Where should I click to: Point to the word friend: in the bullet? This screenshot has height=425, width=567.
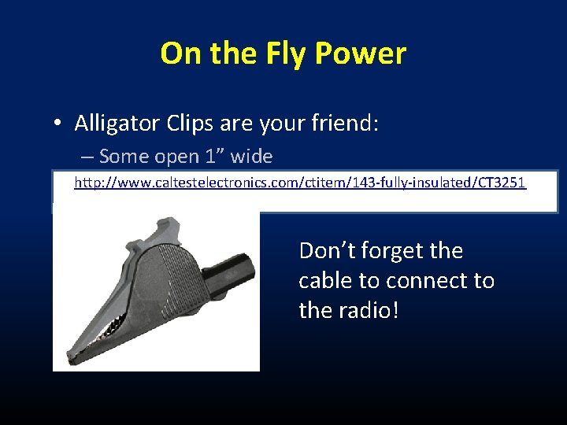pyautogui.click(x=343, y=123)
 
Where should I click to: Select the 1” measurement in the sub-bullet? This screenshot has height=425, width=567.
pyautogui.click(x=213, y=157)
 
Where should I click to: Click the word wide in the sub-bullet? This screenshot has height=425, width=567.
pyautogui.click(x=253, y=157)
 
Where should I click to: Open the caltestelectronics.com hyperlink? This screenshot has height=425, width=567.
pyautogui.click(x=299, y=183)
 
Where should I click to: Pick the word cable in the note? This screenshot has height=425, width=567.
pyautogui.click(x=324, y=281)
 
